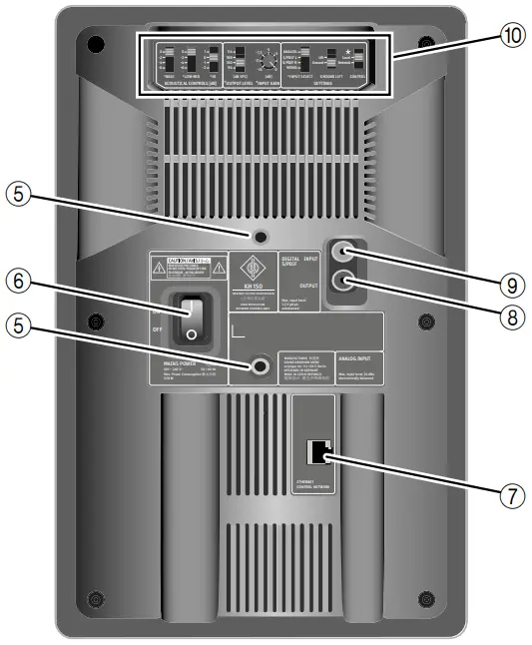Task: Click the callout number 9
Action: (513, 284)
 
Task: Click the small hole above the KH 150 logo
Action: (260, 237)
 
